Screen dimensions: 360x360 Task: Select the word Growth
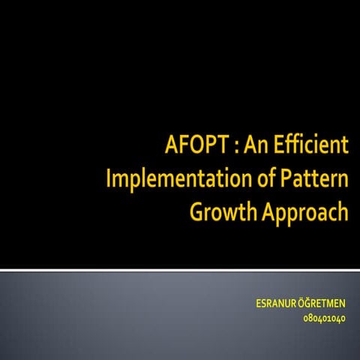(221, 213)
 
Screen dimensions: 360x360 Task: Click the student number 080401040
(324, 318)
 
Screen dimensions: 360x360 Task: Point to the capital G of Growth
(197, 213)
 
